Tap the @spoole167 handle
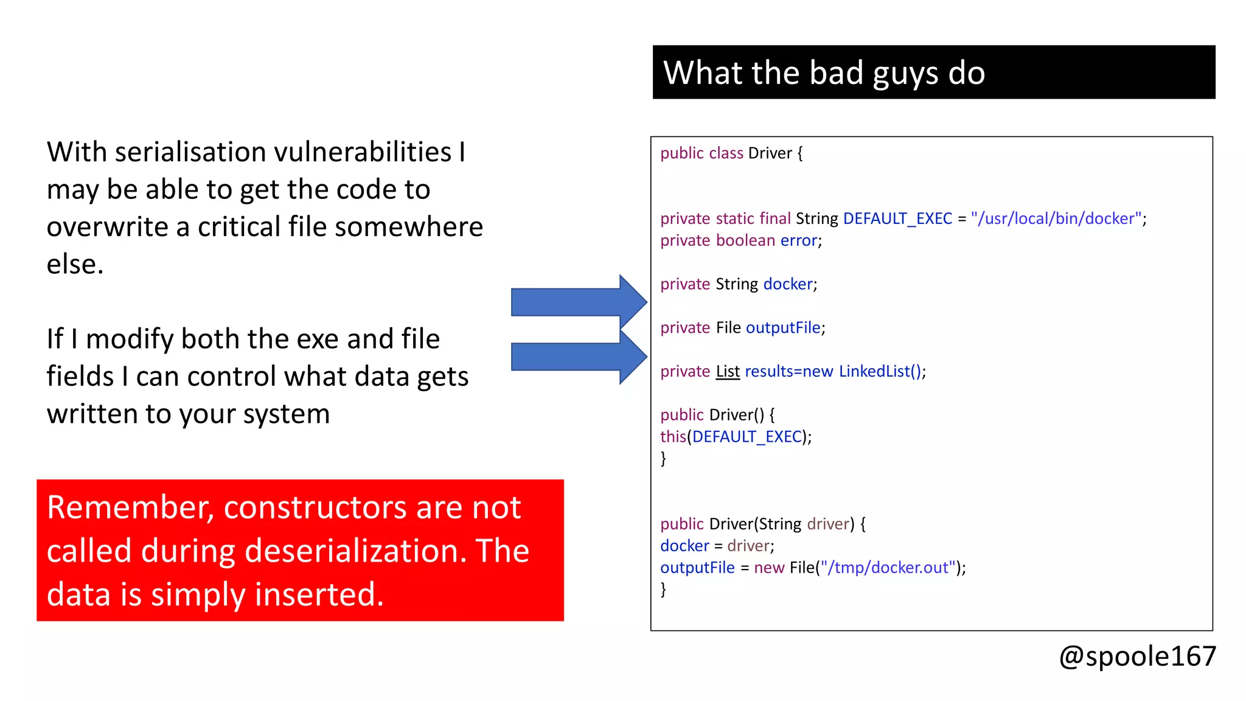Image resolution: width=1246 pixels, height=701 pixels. tap(1137, 657)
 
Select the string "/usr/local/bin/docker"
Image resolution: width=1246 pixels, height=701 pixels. tap(1056, 218)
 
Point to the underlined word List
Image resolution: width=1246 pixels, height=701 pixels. tap(728, 371)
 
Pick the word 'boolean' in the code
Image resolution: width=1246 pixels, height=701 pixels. tap(745, 240)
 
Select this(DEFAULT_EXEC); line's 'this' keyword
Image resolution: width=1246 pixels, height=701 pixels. tap(673, 437)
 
